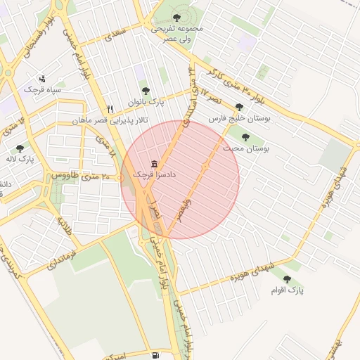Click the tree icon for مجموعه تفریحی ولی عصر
[176, 18]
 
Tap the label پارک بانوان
[146, 103]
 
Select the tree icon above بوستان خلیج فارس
[240, 107]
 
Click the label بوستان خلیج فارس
[240, 119]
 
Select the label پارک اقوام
[288, 289]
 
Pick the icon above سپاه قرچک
[42, 79]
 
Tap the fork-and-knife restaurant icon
[110, 110]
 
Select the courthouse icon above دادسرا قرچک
[154, 163]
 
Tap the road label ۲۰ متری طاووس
[73, 175]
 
